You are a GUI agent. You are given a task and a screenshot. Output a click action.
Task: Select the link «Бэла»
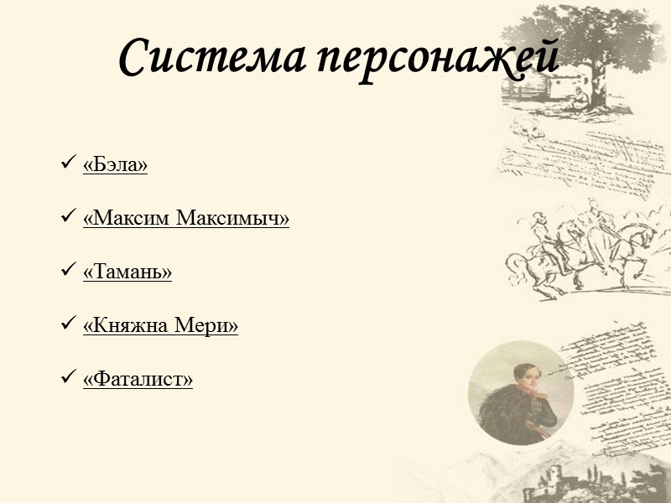[x=116, y=165]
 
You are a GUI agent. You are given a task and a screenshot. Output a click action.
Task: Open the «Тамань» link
[x=127, y=272]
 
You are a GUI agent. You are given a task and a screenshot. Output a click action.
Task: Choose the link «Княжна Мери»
[x=160, y=325]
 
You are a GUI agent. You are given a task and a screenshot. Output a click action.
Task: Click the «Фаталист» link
[x=138, y=379]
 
